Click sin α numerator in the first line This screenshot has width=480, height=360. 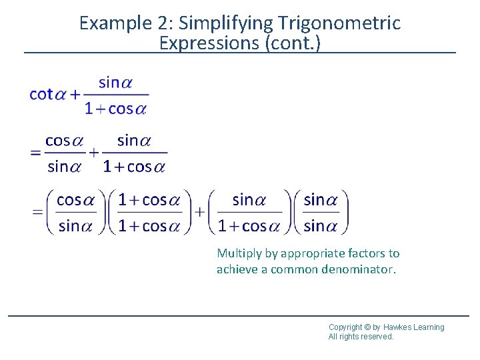click(x=115, y=83)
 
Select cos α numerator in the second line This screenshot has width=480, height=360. click(x=63, y=141)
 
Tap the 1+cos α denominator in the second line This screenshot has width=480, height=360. click(x=134, y=166)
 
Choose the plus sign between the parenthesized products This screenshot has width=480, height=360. click(x=200, y=211)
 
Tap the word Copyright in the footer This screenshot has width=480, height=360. click(x=345, y=327)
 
